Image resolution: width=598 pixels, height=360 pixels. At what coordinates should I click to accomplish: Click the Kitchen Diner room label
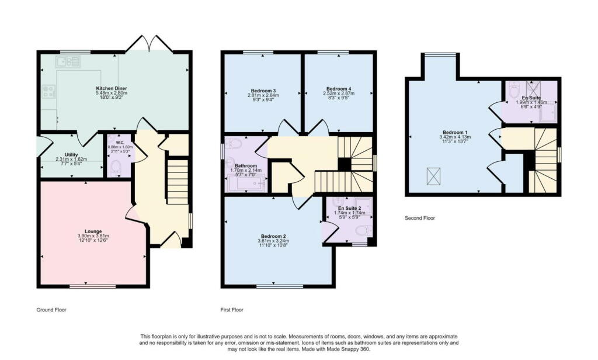coord(112,88)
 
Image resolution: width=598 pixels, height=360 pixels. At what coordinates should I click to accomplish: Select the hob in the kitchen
coord(48,92)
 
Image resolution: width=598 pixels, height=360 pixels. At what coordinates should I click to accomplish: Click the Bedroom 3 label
coord(263,91)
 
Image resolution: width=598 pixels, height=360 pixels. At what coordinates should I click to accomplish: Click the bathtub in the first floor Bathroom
coord(245,185)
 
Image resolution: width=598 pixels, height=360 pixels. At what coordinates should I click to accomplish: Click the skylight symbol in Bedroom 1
coord(434,176)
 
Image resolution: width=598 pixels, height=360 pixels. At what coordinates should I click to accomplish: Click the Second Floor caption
coord(420,218)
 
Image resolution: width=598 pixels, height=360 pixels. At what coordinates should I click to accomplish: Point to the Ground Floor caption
coord(51,310)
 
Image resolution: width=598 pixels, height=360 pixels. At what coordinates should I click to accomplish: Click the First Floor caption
coord(232,310)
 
